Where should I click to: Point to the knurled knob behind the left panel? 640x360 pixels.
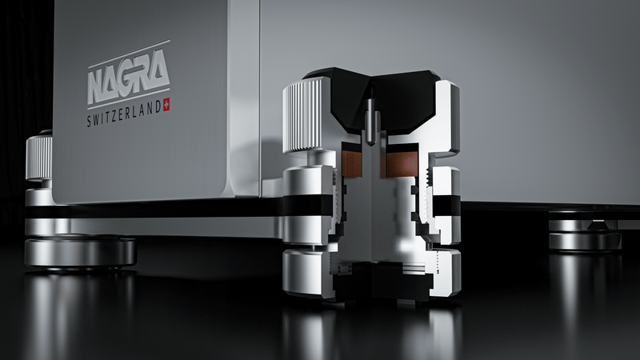(38, 157)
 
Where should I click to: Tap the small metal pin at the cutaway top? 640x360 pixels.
(371, 121)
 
